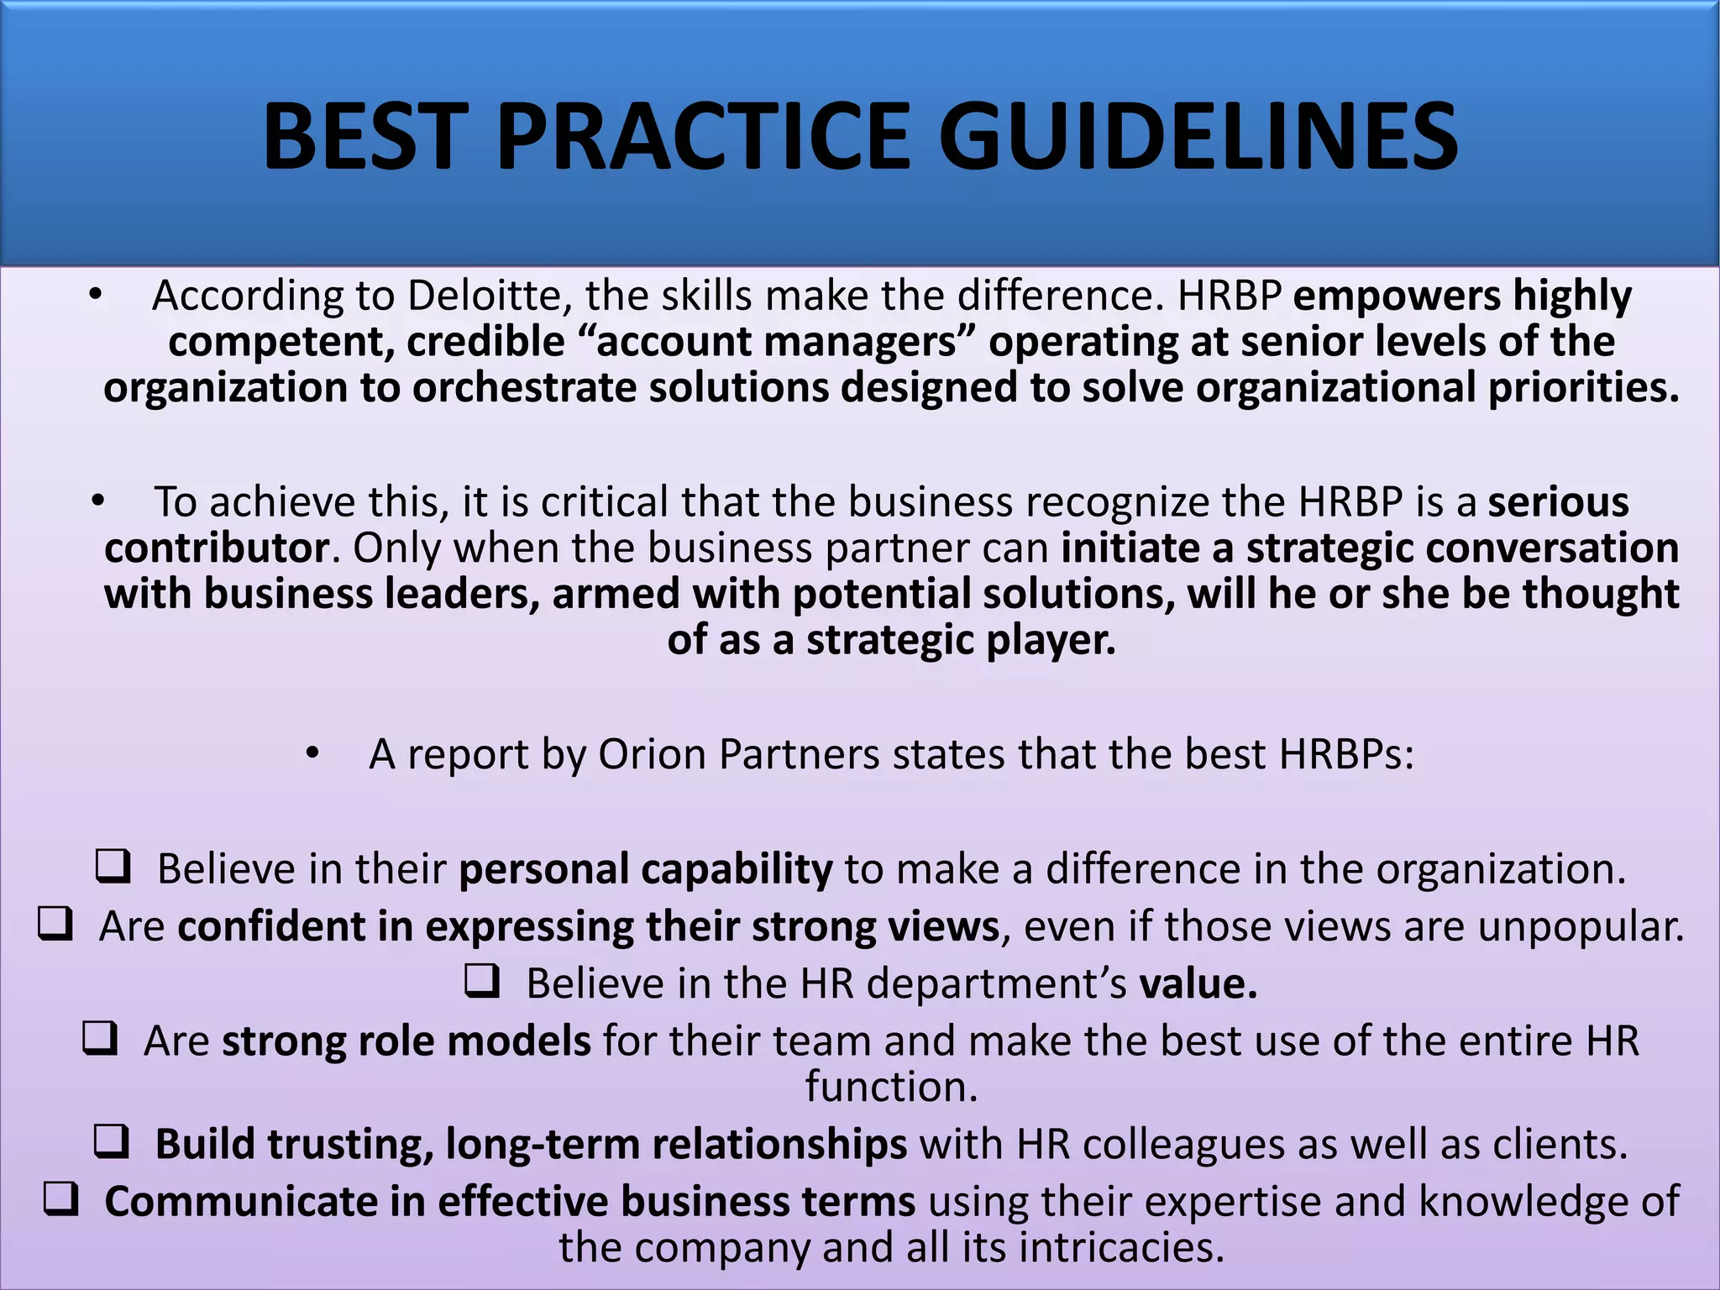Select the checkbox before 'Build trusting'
tap(111, 1142)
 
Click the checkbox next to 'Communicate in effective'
tap(60, 1199)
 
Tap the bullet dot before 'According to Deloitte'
tap(96, 295)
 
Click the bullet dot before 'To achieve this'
tap(98, 501)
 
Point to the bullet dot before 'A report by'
tap(312, 754)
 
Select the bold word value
tap(1198, 983)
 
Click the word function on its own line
tap(892, 1087)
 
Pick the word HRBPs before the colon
tap(1345, 754)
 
